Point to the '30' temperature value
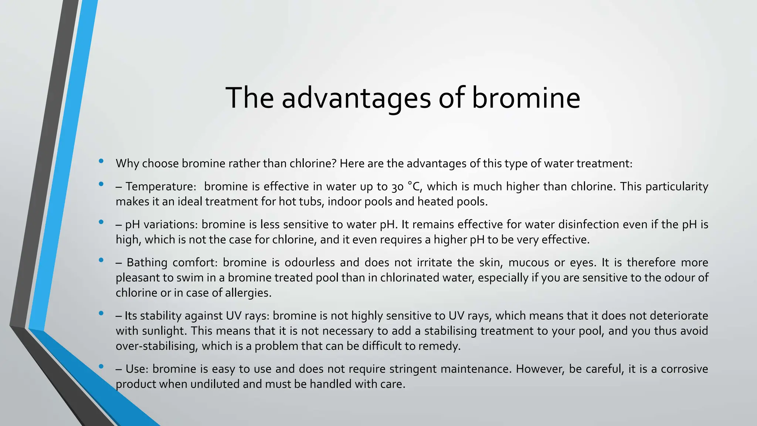point(397,187)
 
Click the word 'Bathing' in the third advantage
point(146,263)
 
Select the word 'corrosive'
point(684,369)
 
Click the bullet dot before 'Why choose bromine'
point(101,161)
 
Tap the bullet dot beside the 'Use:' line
point(101,366)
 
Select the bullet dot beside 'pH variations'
point(101,222)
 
